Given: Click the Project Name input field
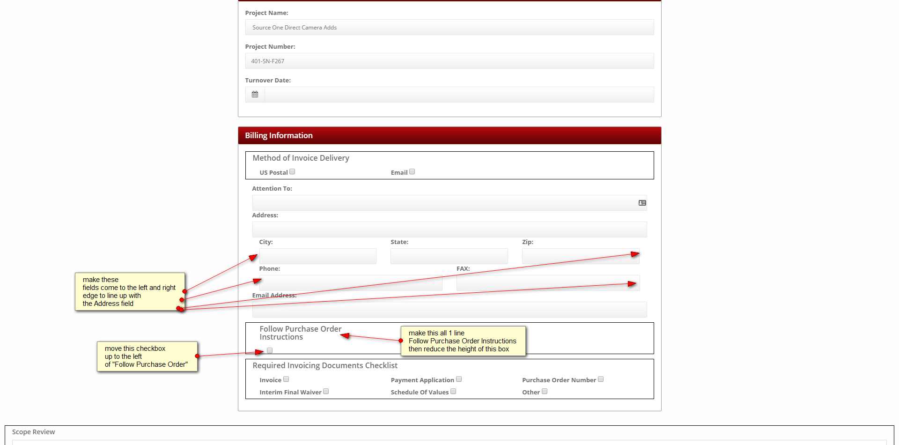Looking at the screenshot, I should [449, 27].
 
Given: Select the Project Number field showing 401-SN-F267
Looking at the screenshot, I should [449, 61].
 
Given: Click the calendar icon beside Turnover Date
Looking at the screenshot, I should [255, 95].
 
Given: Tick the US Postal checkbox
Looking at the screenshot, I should [292, 172].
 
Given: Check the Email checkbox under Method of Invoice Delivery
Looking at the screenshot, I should [412, 172].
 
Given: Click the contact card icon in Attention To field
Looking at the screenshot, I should [642, 203].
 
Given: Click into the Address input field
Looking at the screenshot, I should [449, 230].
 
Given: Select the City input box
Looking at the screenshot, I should [317, 256].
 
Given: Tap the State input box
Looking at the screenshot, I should [449, 256].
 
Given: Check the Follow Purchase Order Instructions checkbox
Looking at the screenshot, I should [270, 350].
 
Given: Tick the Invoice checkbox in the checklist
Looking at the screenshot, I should [286, 379].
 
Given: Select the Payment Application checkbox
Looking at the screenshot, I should [459, 379].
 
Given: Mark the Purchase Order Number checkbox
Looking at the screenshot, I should [601, 379].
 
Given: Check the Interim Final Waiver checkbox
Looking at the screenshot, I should [326, 392].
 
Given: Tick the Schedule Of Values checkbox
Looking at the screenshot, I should [453, 392].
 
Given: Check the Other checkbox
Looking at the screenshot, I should [545, 392].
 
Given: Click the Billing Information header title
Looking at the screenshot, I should [279, 135].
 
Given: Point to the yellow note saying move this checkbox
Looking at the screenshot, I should [147, 356].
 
